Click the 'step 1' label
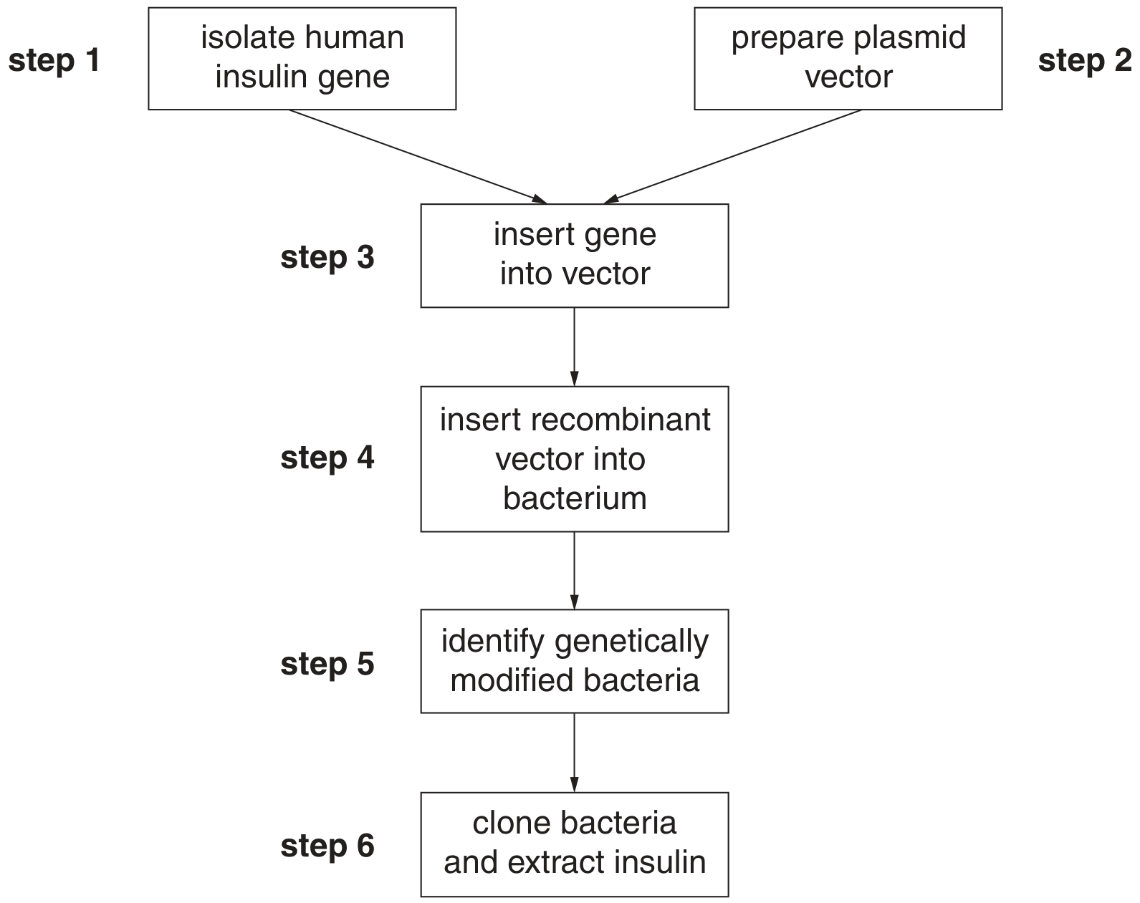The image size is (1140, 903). [54, 62]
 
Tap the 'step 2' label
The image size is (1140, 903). [1084, 62]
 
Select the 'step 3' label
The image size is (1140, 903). [327, 259]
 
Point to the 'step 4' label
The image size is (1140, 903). [327, 458]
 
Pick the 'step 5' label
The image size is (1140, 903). [327, 665]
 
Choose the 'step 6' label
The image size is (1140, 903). [327, 846]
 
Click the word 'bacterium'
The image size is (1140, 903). [575, 498]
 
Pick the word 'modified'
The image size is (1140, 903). [508, 680]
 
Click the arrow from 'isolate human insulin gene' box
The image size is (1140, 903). [418, 156]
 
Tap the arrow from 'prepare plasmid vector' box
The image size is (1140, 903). [732, 156]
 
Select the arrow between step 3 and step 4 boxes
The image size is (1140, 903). [574, 347]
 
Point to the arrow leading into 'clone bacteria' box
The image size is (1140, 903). [574, 753]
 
